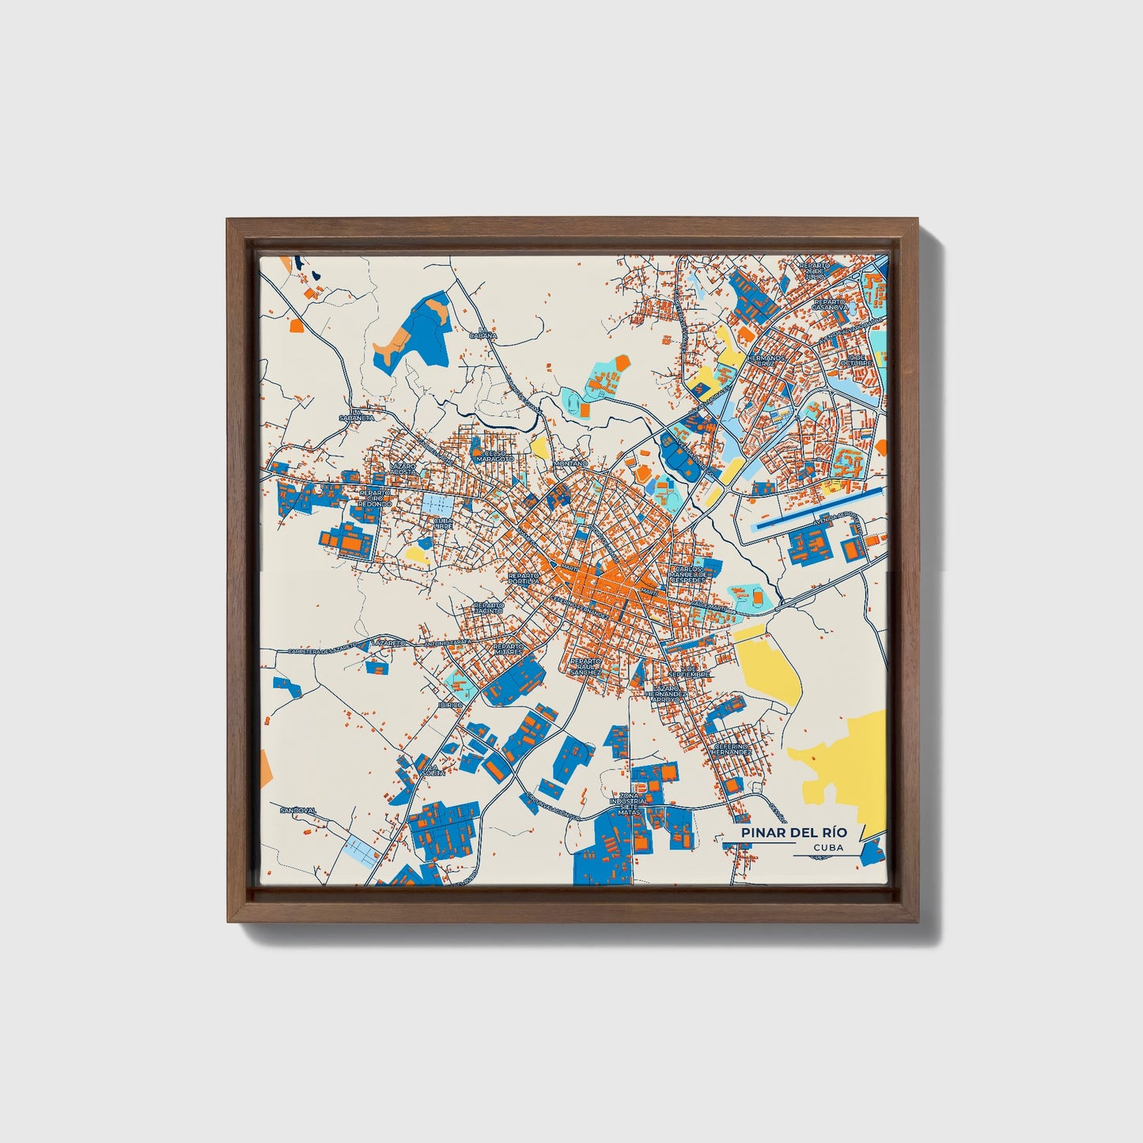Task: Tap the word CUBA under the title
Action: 827,847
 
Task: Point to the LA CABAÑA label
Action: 486,332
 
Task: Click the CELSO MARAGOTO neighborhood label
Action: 494,456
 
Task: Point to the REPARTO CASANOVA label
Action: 829,305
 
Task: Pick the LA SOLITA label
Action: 433,770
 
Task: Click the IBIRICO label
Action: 449,703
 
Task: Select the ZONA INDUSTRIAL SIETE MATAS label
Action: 629,804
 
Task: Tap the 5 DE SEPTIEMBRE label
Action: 691,672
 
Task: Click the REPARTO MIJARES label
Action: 508,649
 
